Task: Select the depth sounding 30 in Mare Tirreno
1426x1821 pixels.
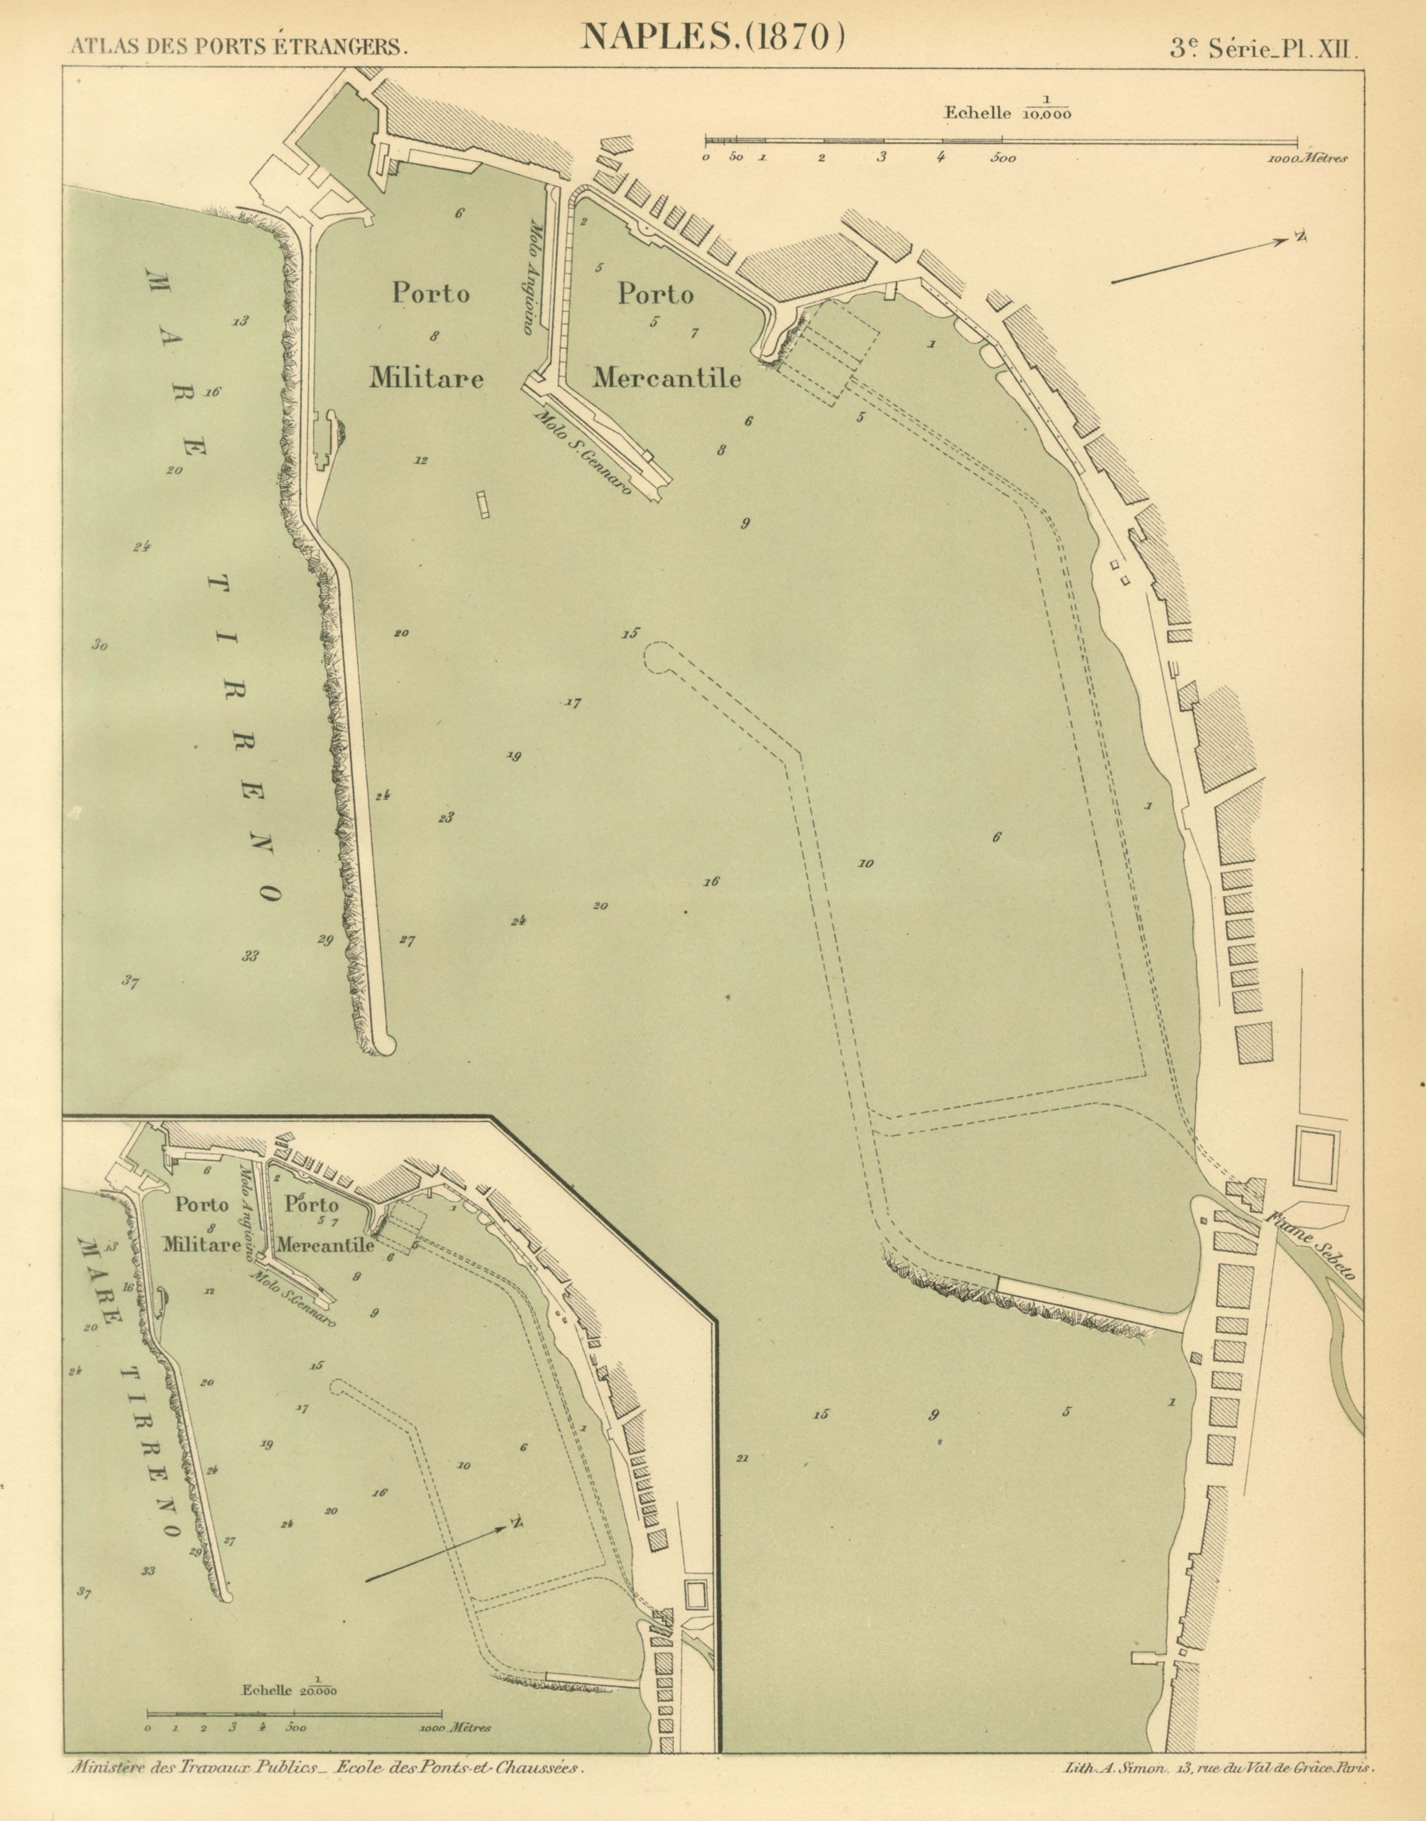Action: point(100,645)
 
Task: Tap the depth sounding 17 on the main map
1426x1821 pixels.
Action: point(573,703)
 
